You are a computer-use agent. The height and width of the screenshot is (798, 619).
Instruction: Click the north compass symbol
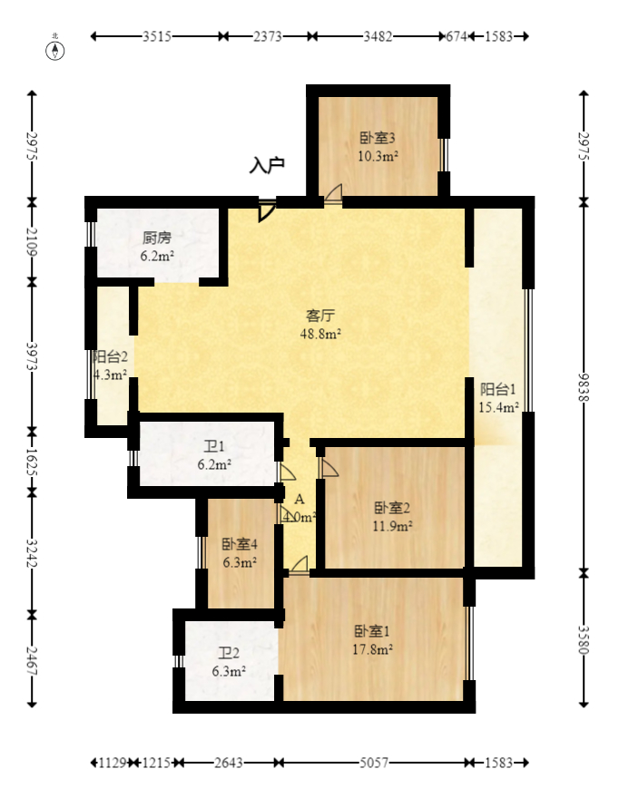56,49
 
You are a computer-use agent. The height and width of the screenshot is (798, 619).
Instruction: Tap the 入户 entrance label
268,165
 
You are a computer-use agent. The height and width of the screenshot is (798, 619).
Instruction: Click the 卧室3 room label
378,139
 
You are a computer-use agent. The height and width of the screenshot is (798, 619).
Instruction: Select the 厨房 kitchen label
157,238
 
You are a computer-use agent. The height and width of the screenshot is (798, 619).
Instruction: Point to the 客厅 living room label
321,316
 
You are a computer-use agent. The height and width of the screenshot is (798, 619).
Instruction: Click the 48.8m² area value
321,334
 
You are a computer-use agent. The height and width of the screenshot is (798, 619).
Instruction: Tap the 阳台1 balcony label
498,389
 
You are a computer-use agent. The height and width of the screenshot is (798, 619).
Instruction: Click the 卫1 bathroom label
213,446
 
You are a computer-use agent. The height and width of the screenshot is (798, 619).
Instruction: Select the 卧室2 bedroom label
393,508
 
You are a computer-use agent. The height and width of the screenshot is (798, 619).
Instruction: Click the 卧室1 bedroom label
373,631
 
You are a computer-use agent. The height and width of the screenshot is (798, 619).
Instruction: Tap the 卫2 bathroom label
229,653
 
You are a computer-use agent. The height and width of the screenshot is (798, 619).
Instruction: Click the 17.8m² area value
373,649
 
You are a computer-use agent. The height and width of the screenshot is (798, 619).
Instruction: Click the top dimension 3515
158,36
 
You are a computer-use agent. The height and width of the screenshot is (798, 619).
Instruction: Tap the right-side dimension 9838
585,389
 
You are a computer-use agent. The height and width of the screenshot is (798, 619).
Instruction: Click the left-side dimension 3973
32,357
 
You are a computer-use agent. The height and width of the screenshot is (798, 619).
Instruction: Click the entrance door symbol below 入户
266,210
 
